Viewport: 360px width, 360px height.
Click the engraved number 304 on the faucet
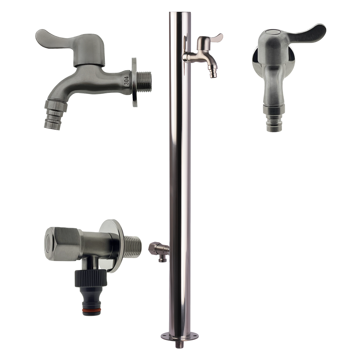tap(126, 81)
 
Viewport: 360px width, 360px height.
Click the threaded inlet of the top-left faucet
tap(144, 82)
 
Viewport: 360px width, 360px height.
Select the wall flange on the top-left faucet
tap(134, 82)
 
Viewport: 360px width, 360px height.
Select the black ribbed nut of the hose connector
tap(91, 278)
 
